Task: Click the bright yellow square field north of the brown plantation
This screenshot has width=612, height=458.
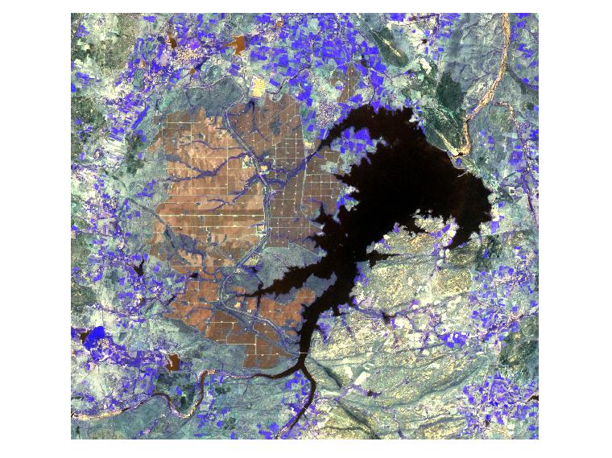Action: (259, 86)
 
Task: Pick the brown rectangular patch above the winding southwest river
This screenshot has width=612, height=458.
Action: (172, 361)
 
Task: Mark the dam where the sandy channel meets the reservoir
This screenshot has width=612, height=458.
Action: (460, 151)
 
